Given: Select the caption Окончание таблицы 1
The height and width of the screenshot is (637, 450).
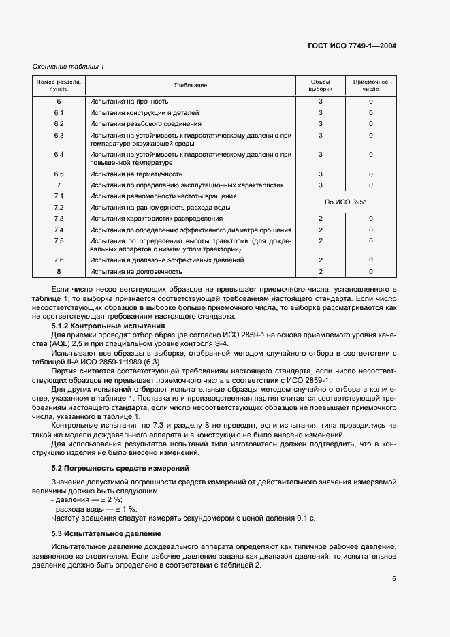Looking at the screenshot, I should point(69,66).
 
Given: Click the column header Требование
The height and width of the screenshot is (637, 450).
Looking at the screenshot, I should point(190,85).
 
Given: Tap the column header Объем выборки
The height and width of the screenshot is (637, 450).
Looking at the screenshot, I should point(320,85).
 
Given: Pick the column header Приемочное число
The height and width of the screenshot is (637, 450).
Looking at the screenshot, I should point(370,85).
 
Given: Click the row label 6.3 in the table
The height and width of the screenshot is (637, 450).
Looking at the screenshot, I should point(59,136).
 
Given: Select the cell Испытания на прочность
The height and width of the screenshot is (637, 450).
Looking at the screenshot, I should point(129,102).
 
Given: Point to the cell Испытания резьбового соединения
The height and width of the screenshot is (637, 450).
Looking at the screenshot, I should point(145,124).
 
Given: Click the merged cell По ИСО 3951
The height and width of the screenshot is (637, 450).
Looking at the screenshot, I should point(345,202).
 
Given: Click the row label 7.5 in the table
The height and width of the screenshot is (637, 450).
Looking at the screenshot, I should point(59,241).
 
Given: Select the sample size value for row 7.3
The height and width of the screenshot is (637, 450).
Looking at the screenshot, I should point(320,218).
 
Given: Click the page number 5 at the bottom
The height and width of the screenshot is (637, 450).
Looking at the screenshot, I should point(394,580).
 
